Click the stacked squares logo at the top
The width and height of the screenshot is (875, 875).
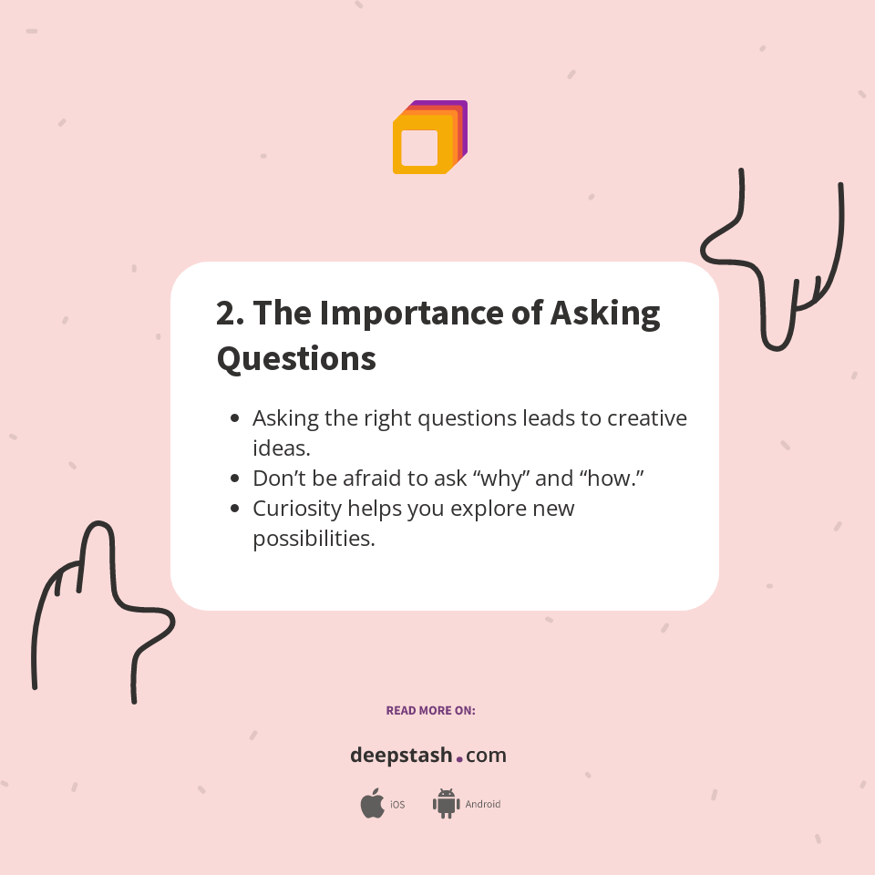pos(429,138)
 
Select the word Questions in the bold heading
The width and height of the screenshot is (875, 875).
pos(296,358)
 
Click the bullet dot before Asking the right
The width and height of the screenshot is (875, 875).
pos(235,418)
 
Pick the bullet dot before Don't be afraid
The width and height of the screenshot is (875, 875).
pos(235,479)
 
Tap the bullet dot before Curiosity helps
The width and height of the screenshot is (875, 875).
pos(235,509)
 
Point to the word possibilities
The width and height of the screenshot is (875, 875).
pos(314,539)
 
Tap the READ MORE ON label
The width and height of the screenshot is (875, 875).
pos(430,710)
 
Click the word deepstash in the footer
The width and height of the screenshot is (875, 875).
pos(401,756)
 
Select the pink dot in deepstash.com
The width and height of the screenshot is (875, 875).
pos(459,758)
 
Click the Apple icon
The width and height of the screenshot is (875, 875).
pos(372,804)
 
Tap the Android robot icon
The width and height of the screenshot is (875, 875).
pos(446,804)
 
